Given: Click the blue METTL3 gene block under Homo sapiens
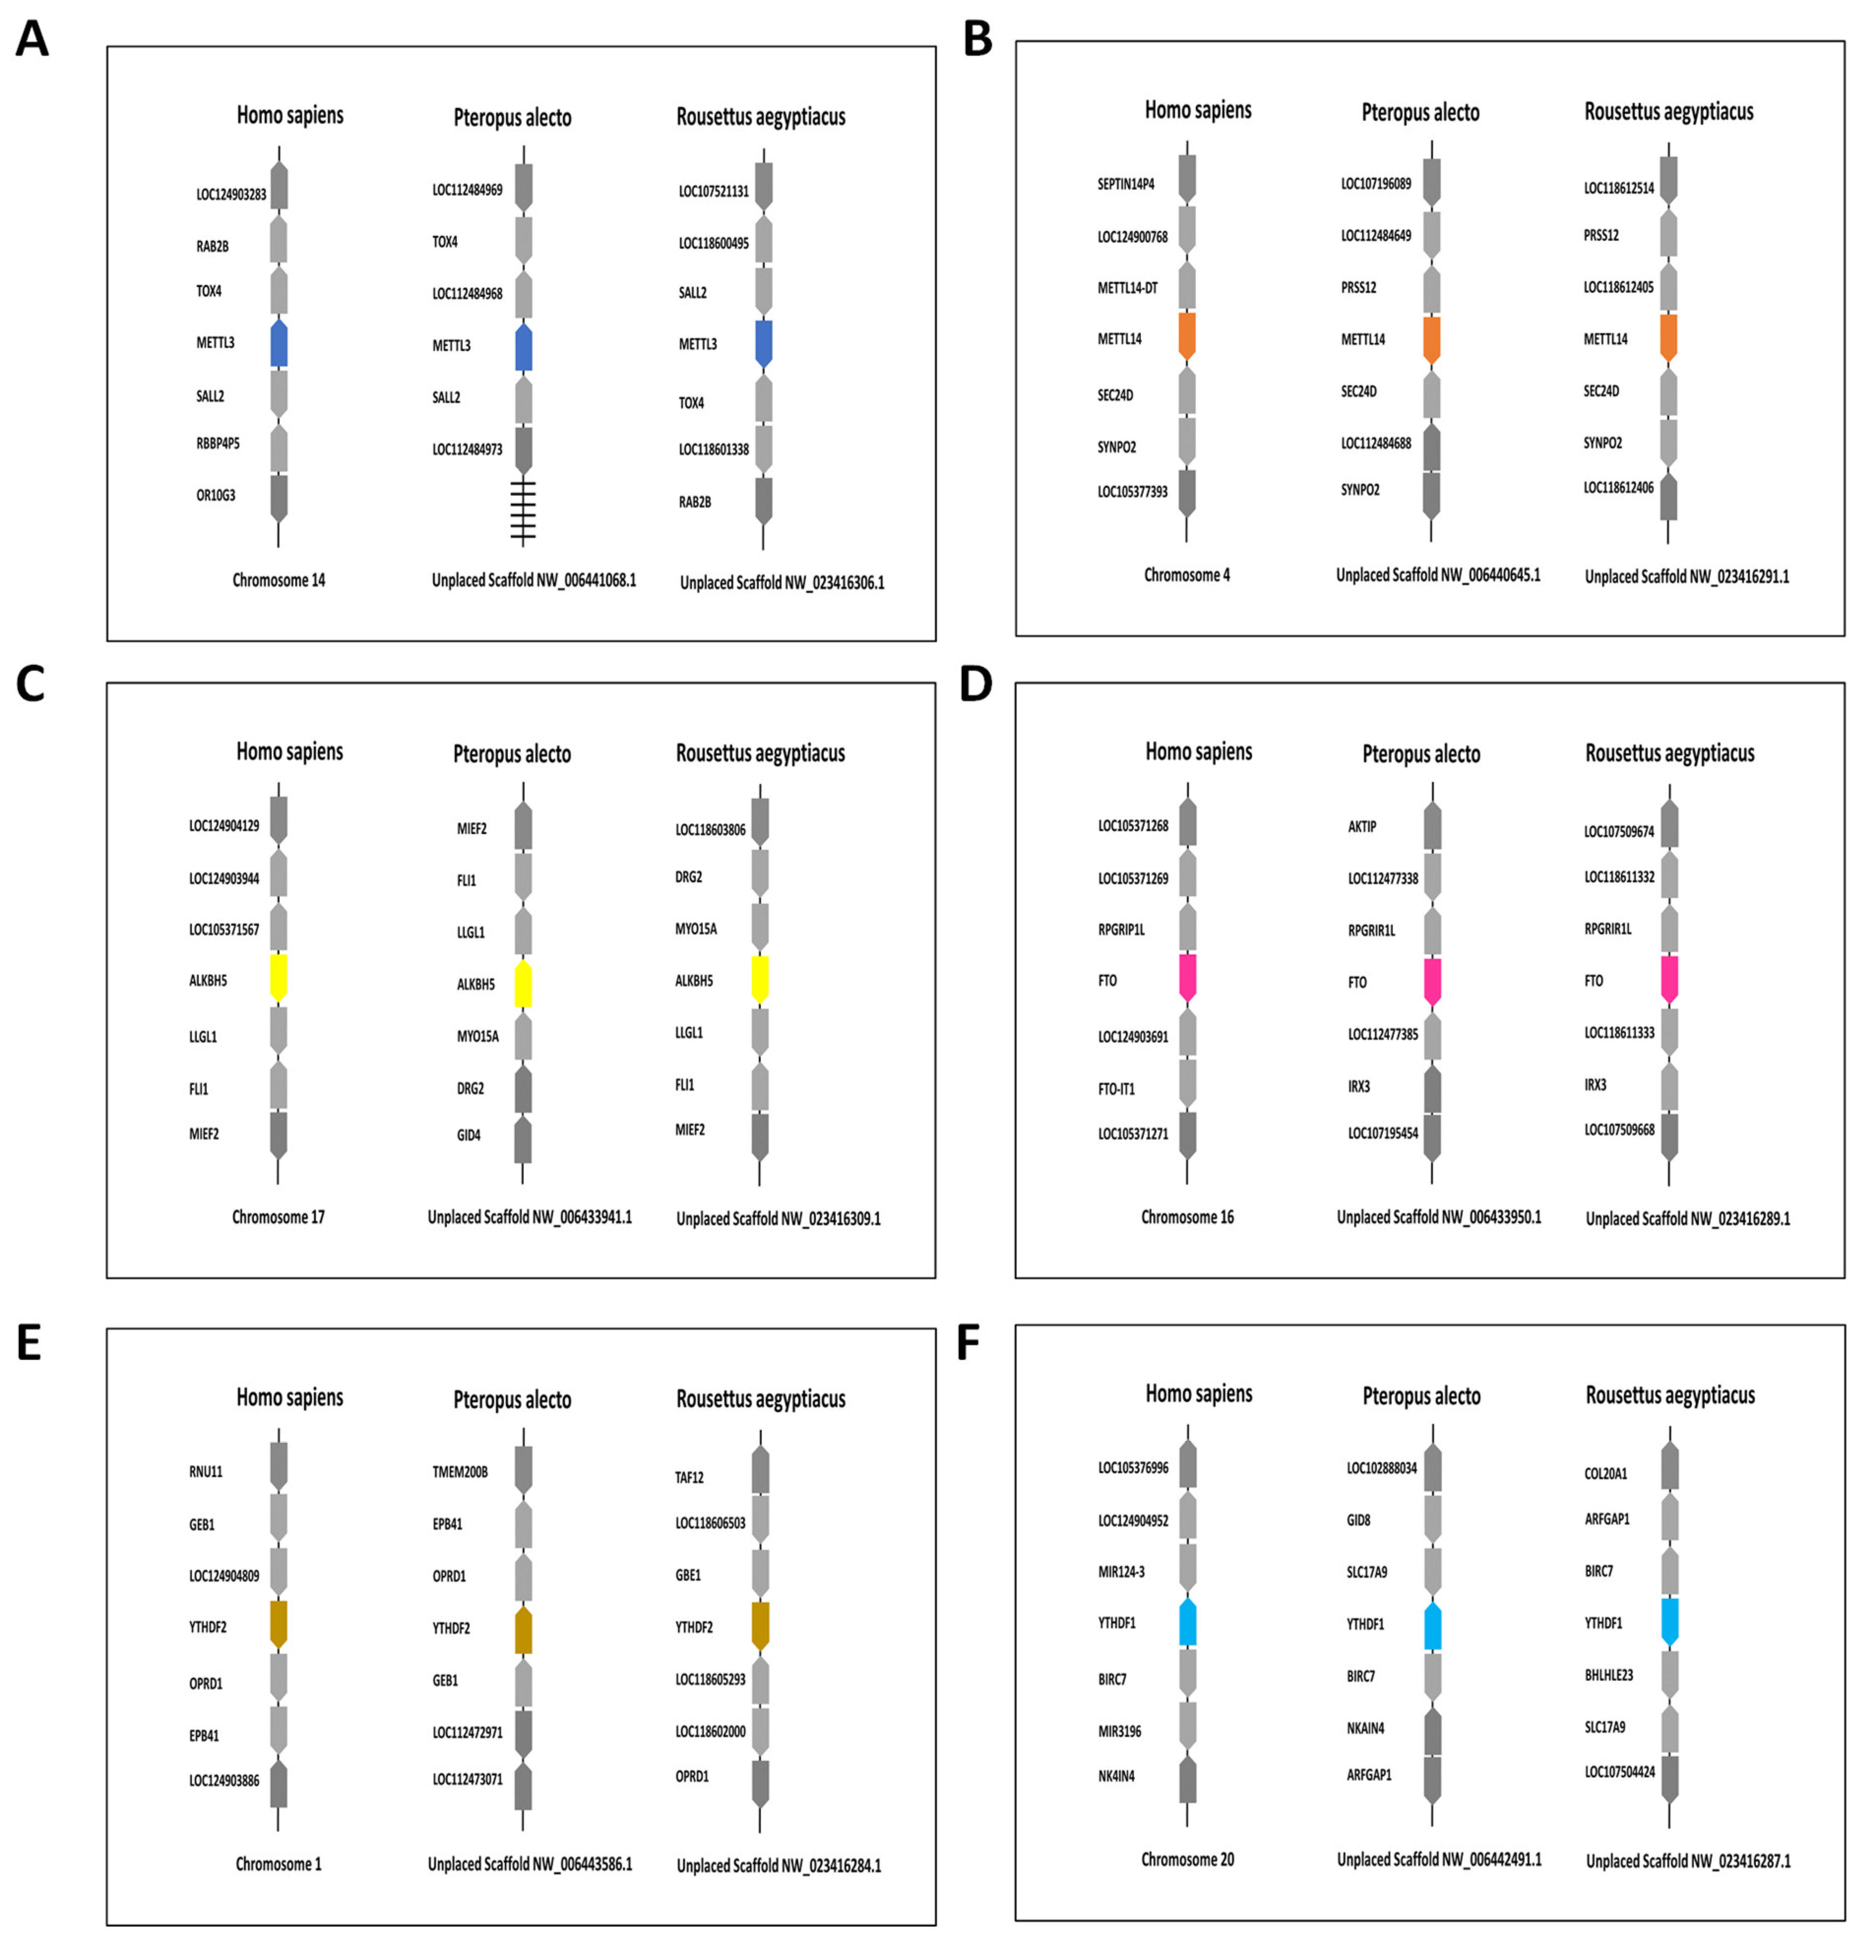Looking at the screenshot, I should point(280,343).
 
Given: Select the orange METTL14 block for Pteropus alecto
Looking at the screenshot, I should point(1431,339).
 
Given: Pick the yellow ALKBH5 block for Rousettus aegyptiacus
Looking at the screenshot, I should point(760,979).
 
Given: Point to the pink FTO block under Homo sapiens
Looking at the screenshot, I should point(1187,978).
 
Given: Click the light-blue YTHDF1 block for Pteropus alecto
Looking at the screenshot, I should point(1432,1625).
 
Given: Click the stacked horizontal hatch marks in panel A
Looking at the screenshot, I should point(523,510).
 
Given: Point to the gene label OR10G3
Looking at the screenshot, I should point(216,495).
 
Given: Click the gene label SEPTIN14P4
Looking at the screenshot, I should point(1125,184).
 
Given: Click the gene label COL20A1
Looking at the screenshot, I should point(1606,1473).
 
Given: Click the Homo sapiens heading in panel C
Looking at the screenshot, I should point(289,752).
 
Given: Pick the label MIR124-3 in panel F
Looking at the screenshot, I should point(1121,1571).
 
